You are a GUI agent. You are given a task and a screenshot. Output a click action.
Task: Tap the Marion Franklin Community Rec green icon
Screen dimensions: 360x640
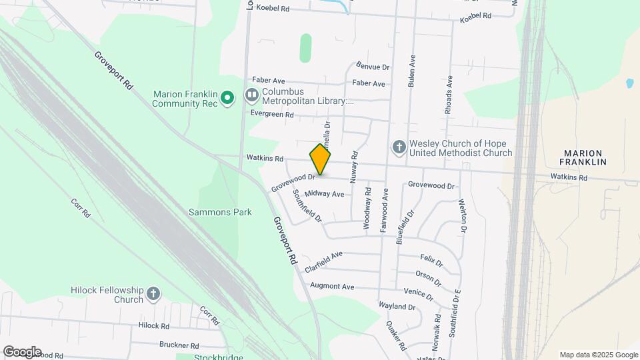click(227, 99)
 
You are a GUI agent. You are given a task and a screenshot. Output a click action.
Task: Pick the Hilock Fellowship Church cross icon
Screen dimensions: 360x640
click(153, 294)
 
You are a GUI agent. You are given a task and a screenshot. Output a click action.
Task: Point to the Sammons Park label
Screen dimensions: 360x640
click(220, 212)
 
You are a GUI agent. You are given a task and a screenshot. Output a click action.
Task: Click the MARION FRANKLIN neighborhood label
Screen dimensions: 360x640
click(583, 157)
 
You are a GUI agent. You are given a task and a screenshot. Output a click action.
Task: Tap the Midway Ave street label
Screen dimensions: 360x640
click(329, 194)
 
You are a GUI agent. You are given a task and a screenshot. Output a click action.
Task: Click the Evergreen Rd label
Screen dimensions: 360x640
click(272, 114)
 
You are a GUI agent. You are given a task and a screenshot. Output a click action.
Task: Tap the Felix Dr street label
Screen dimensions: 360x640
click(431, 260)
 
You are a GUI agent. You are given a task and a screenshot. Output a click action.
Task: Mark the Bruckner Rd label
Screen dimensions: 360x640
click(179, 345)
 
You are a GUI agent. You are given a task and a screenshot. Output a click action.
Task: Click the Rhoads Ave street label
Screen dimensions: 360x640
click(449, 93)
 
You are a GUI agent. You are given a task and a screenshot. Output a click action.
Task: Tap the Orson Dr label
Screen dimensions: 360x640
click(429, 276)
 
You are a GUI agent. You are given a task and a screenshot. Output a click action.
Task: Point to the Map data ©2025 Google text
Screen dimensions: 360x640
click(598, 355)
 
